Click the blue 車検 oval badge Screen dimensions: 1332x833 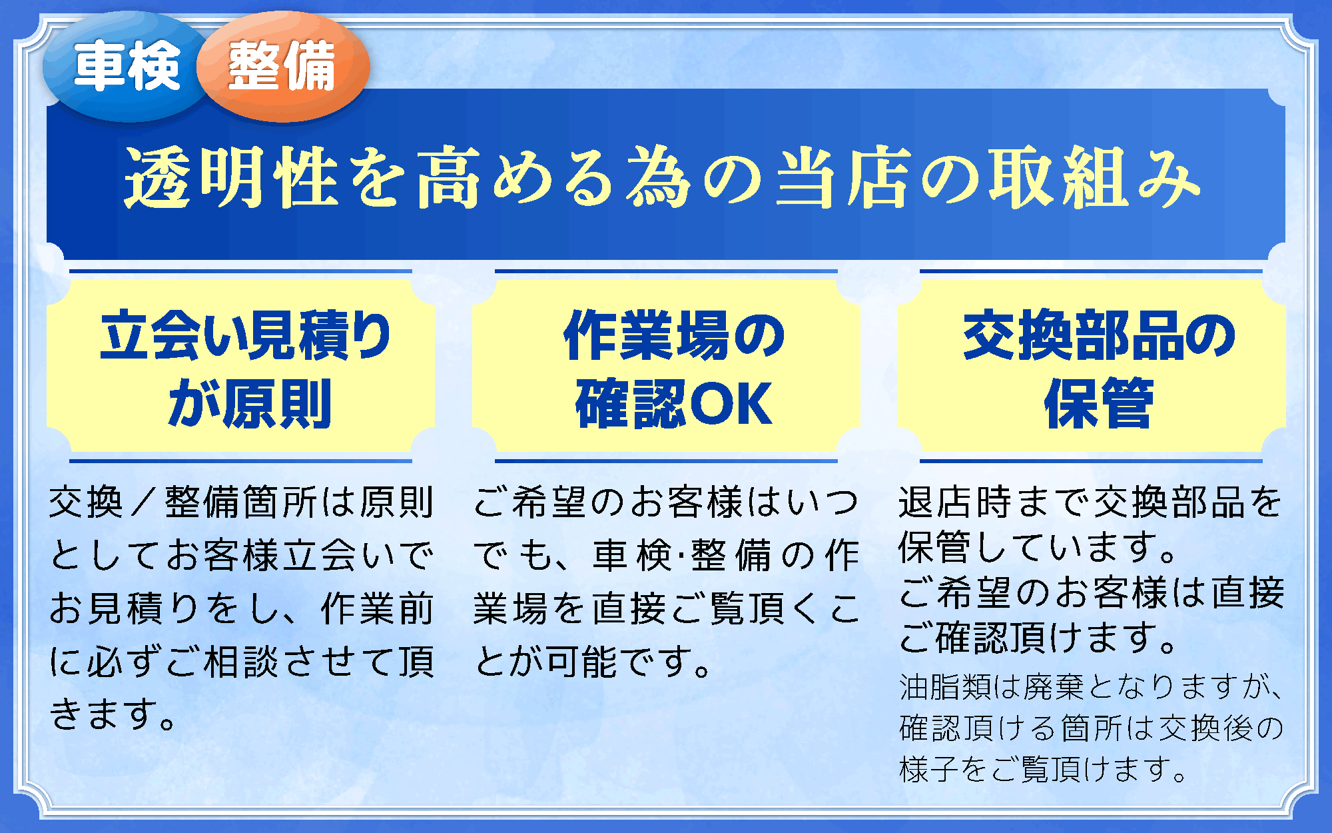pyautogui.click(x=127, y=67)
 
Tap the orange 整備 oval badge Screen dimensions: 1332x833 pyautogui.click(x=283, y=67)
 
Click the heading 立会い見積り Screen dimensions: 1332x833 pyautogui.click(x=245, y=336)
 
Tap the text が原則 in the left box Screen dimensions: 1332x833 pyautogui.click(x=250, y=404)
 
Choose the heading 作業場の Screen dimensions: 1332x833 pyautogui.click(x=673, y=336)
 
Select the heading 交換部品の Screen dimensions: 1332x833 pyautogui.click(x=1099, y=336)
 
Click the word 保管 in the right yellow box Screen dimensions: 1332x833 pyautogui.click(x=1099, y=404)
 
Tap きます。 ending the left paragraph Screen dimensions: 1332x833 pyautogui.click(x=113, y=714)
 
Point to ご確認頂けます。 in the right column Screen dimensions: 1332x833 pyautogui.click(x=1038, y=638)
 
